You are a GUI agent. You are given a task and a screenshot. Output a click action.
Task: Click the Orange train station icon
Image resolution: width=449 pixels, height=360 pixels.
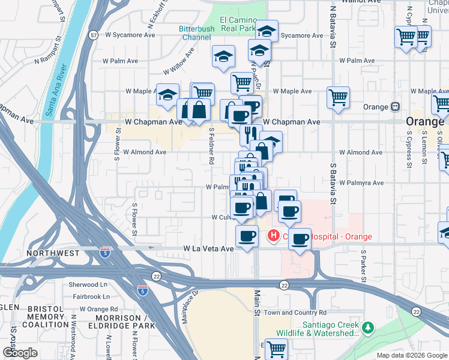coord(396,107)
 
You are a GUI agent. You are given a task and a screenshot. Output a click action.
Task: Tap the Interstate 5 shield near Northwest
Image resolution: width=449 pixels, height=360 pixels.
coord(106,253)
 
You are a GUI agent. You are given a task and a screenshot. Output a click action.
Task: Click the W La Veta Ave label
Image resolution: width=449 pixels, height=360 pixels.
coord(208,248)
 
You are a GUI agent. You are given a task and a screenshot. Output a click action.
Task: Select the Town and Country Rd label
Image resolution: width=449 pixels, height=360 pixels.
coord(295,313)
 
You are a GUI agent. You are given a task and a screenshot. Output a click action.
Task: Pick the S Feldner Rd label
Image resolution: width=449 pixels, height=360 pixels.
coord(211,145)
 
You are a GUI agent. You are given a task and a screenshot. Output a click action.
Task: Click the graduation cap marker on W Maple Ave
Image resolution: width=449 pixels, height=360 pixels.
coord(167,94)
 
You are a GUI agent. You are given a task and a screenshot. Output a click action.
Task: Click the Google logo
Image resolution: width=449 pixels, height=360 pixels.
coord(20,353)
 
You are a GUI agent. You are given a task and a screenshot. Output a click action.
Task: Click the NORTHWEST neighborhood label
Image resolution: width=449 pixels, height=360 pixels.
coord(53,253)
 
